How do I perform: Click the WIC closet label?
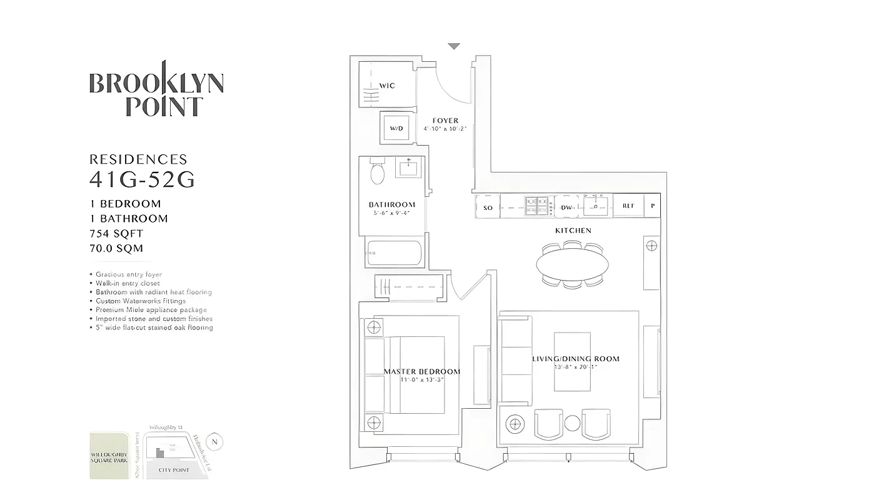pyautogui.click(x=387, y=86)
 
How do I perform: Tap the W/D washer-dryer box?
pyautogui.click(x=396, y=128)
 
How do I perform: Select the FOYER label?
pyautogui.click(x=445, y=121)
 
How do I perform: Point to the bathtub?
pyautogui.click(x=394, y=253)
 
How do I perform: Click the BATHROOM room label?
pyautogui.click(x=392, y=204)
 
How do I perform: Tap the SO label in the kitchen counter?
pyautogui.click(x=488, y=207)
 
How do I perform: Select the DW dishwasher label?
pyautogui.click(x=566, y=207)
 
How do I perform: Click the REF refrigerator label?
pyautogui.click(x=628, y=206)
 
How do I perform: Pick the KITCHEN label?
pyautogui.click(x=573, y=231)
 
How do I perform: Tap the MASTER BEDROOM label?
pyautogui.click(x=421, y=371)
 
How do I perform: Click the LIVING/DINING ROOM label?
pyautogui.click(x=576, y=359)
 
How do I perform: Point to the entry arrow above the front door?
pyautogui.click(x=454, y=46)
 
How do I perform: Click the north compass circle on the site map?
pyautogui.click(x=214, y=441)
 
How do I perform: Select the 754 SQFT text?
pyautogui.click(x=116, y=233)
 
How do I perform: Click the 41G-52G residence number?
pyautogui.click(x=142, y=179)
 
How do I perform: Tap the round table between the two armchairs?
pyautogui.click(x=572, y=424)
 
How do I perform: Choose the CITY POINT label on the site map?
pyautogui.click(x=174, y=469)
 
